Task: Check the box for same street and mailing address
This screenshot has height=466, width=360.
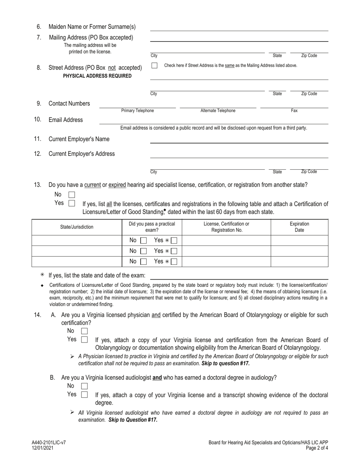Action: tap(154, 66)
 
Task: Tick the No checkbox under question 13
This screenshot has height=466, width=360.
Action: tap(72, 195)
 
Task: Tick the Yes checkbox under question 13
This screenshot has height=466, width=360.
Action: tap(72, 203)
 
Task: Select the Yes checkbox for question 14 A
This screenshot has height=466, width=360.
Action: tap(85, 339)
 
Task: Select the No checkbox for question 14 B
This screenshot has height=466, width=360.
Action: tap(85, 386)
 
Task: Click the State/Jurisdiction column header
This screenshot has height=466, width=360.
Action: tap(77, 227)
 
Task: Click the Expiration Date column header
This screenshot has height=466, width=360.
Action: tap(299, 227)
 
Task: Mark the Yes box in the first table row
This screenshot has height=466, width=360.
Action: tap(174, 241)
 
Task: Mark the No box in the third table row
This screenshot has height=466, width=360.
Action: tap(143, 262)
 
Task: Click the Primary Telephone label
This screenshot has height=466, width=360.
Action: tap(138, 111)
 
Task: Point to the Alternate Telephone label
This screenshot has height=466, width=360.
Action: tap(218, 111)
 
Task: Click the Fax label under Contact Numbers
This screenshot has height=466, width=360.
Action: tap(294, 111)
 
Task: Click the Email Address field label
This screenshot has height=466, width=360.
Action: tap(66, 120)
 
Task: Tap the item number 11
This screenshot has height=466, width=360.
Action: tap(38, 139)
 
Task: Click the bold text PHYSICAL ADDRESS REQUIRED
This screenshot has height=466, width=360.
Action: tap(97, 76)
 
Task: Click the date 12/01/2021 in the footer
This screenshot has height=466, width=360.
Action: tap(42, 447)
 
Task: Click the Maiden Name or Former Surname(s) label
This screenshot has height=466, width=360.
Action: tap(92, 27)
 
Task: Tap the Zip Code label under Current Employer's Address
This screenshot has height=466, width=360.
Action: tap(309, 172)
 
